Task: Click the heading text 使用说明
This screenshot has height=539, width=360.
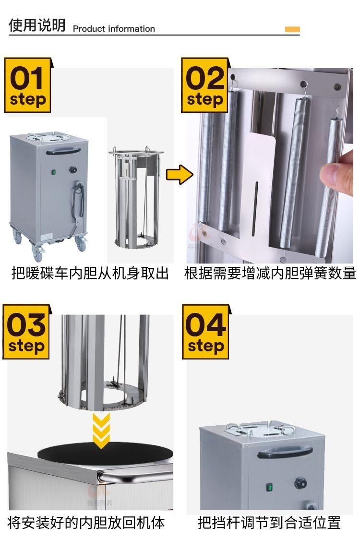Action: (37, 25)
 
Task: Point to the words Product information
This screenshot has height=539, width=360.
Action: (114, 29)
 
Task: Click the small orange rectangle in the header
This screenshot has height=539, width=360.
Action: (292, 29)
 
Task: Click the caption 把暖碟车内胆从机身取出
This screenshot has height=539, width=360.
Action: (90, 274)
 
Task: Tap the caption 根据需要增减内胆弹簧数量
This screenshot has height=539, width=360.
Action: (270, 274)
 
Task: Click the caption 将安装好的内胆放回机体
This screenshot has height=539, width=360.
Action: (86, 523)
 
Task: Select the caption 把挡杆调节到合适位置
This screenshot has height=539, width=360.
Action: (269, 523)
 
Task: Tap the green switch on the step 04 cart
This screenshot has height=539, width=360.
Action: (270, 488)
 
